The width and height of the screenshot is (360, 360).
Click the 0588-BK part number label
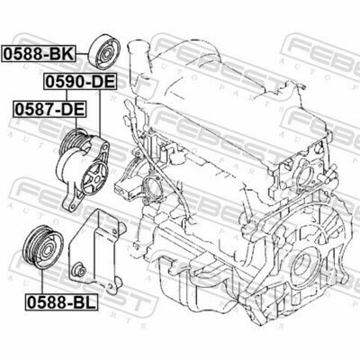pyautogui.click(x=38, y=54)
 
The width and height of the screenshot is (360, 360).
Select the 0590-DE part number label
pyautogui.click(x=80, y=82)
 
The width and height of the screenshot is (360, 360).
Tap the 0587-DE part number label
pyautogui.click(x=49, y=109)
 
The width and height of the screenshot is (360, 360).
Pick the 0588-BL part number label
pyautogui.click(x=61, y=302)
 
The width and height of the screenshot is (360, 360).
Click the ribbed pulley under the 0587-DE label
pyautogui.click(x=73, y=142)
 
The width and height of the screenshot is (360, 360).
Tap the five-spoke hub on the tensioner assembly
pyautogui.click(x=95, y=178)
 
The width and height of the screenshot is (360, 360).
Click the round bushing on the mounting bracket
pyautogui.click(x=79, y=268)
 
